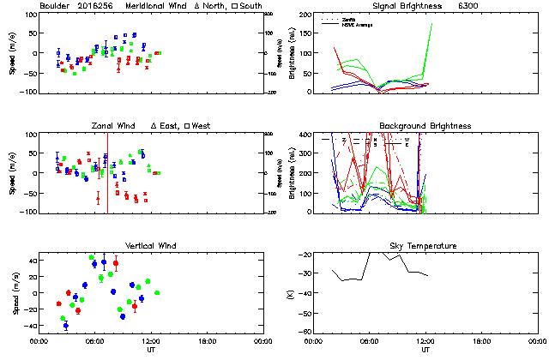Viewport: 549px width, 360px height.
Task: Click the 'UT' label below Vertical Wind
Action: tap(149, 349)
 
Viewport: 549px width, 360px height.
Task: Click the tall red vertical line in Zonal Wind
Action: tap(107, 171)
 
